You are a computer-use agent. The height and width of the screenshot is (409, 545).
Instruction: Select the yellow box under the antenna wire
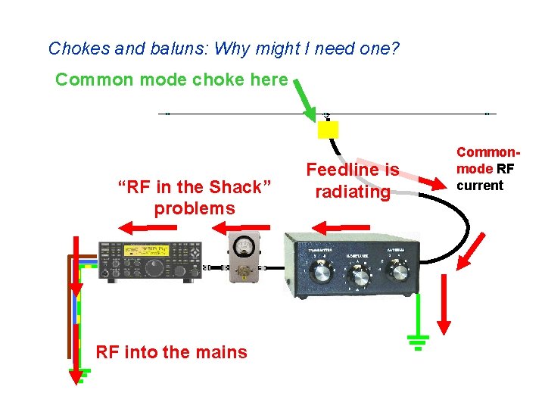pos(328,130)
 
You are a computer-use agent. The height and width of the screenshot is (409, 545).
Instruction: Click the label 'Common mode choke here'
pos(171,80)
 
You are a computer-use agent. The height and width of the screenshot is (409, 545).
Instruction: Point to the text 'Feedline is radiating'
pos(352,181)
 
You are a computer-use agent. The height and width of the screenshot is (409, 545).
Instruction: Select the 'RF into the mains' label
pos(171,351)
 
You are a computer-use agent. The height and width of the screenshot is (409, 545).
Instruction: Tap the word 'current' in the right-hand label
pos(479,186)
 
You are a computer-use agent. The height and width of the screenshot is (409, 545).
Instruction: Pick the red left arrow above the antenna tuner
pos(341,226)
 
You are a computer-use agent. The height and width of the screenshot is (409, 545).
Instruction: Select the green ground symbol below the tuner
pos(417,342)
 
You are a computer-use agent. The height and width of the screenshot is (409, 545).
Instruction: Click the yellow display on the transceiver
pos(148,251)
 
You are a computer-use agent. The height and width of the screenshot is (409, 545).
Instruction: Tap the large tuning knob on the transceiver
pos(155,267)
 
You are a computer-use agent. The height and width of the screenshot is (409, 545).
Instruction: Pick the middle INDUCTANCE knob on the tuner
pos(360,277)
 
